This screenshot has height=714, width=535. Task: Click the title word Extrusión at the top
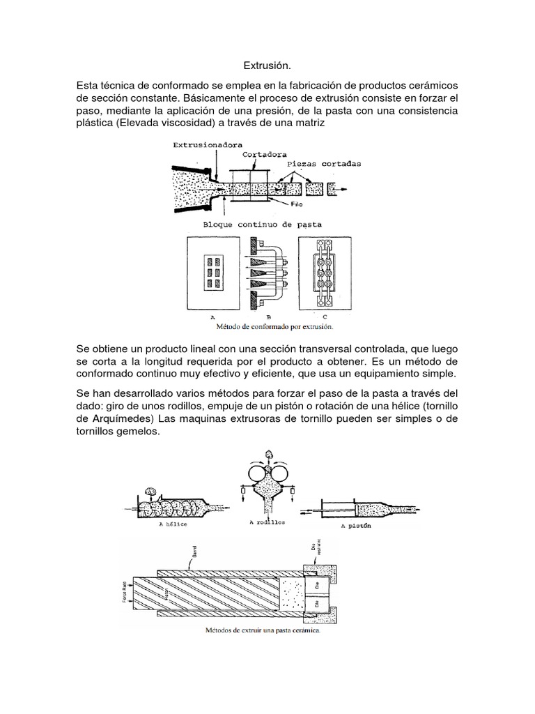click(267, 66)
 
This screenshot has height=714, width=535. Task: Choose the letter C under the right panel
click(325, 316)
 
